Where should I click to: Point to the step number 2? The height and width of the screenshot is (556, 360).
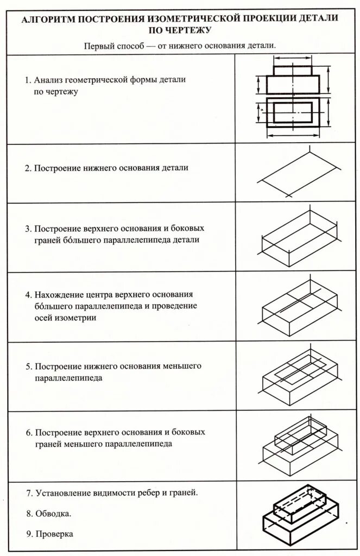pyautogui.click(x=28, y=168)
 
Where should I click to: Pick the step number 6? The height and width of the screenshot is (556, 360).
pyautogui.click(x=28, y=433)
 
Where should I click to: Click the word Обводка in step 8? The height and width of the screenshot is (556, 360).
pyautogui.click(x=54, y=513)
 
